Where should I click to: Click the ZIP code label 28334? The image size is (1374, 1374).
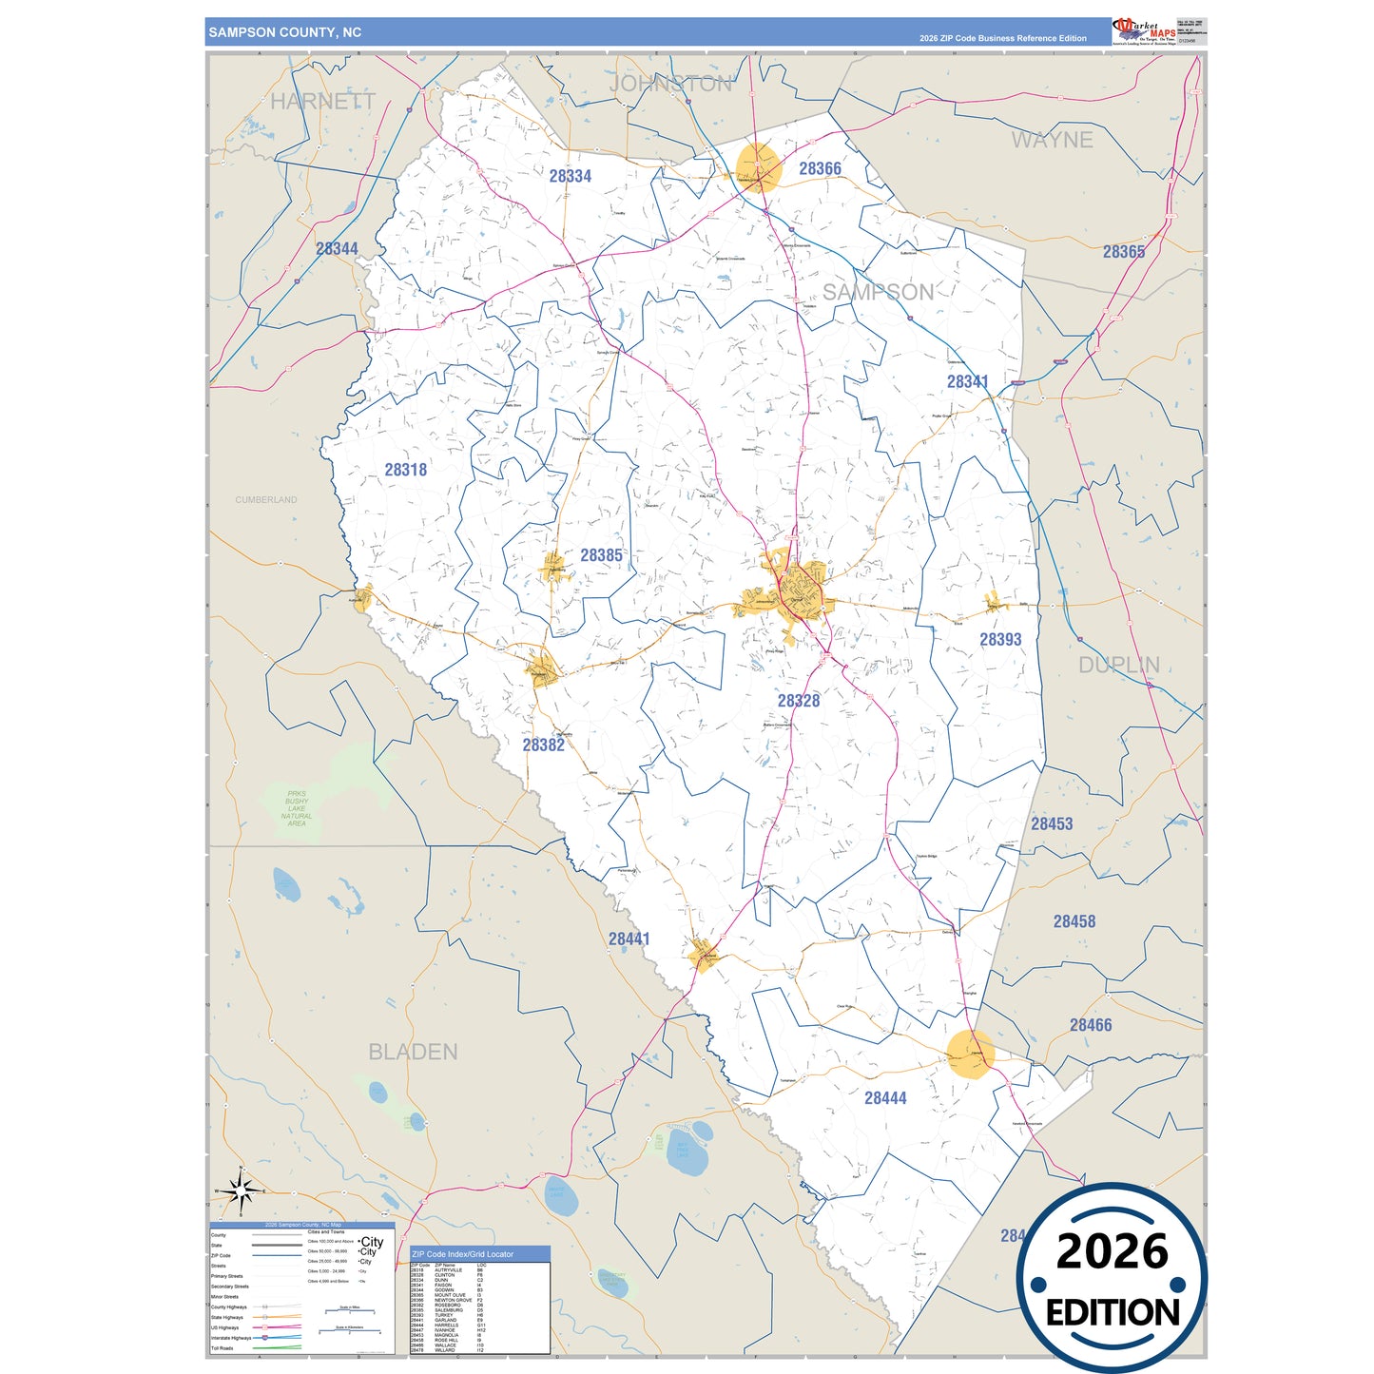[571, 176]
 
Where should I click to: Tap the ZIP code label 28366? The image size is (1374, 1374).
[820, 169]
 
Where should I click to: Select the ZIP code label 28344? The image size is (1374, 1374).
[337, 249]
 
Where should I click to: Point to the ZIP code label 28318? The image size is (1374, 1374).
[406, 470]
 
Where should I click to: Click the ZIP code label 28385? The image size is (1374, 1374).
[601, 555]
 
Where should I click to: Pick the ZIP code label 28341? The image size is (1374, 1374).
[967, 381]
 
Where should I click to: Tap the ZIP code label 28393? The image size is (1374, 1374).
[1000, 640]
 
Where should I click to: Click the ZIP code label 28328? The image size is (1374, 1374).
[798, 701]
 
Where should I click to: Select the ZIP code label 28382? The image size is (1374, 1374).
[543, 745]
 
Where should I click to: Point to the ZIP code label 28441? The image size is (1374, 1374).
[629, 939]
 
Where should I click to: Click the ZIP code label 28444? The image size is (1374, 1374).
[885, 1098]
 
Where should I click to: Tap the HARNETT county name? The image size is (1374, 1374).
[322, 101]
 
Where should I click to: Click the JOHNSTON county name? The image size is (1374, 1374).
[670, 84]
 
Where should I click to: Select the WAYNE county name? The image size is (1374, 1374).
[1052, 141]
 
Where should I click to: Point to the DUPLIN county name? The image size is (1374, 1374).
[1118, 666]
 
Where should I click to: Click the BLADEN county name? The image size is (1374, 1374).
[413, 1053]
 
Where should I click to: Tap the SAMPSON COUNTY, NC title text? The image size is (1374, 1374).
[285, 32]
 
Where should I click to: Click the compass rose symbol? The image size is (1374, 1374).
[242, 1190]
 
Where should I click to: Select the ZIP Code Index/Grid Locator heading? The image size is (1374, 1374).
[462, 1254]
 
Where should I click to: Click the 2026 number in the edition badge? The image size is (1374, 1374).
[1112, 1252]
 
